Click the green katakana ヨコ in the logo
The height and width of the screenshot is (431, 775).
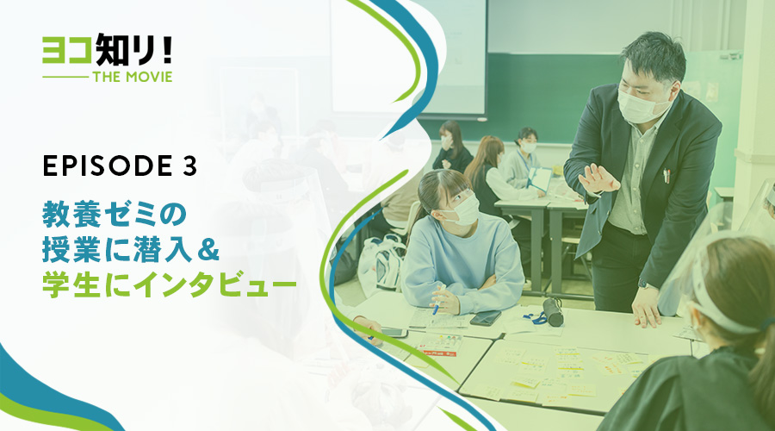pos(67,51)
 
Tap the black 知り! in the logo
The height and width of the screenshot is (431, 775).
pos(133,49)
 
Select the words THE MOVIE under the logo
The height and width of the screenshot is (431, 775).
pos(133,77)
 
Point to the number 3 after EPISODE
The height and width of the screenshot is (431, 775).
pos(189,166)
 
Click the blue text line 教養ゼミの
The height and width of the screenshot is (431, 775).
pos(115,215)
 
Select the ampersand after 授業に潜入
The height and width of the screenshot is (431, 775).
pos(209,250)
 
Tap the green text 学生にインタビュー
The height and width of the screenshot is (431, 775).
pos(169,286)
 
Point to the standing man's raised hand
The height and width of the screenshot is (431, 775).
pos(598,179)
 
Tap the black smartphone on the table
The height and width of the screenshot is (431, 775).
pos(486,318)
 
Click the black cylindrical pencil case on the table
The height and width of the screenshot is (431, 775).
pos(553,312)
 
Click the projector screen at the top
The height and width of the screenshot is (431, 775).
pos(408,56)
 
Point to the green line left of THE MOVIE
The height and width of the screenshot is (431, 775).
pos(65,78)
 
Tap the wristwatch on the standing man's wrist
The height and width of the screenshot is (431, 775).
pos(644,284)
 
